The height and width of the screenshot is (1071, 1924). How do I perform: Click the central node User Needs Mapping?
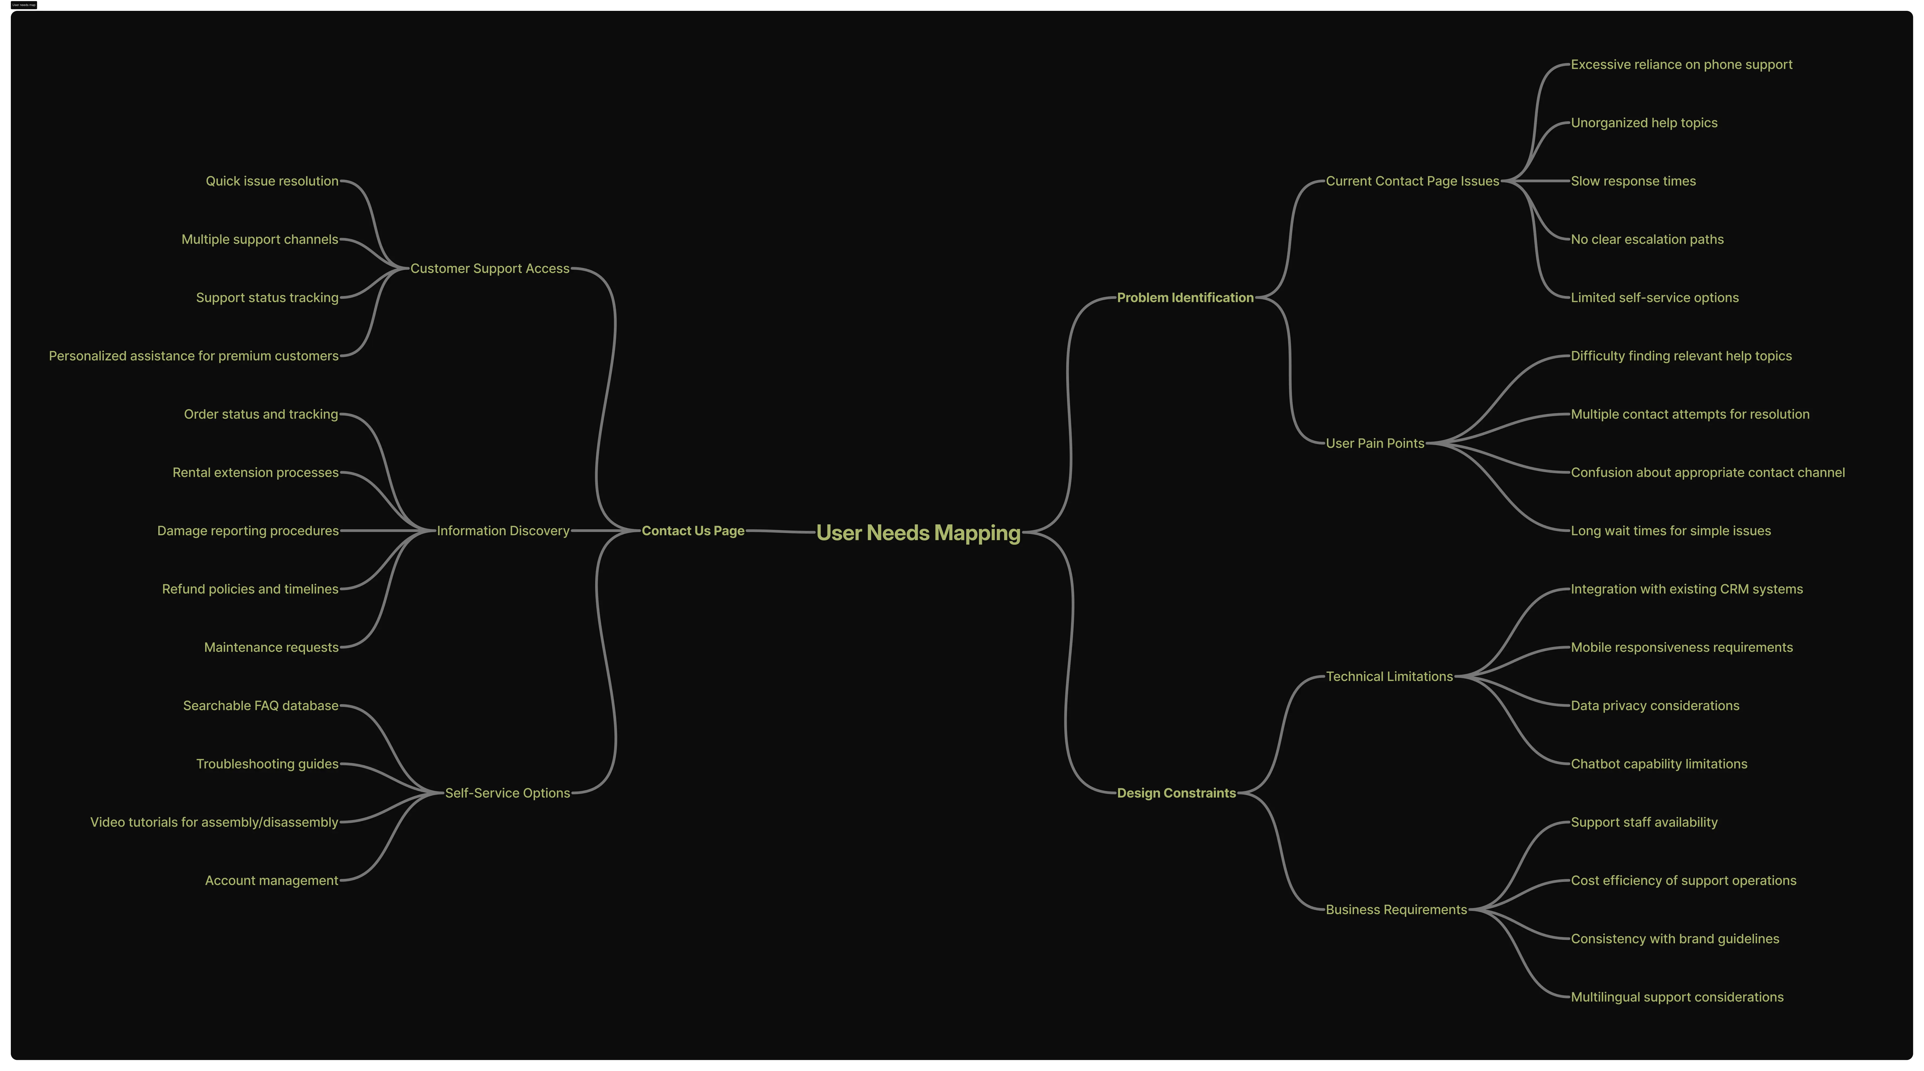coord(918,533)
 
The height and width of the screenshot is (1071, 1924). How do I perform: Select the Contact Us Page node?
coord(692,531)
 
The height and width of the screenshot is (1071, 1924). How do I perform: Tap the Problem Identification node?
coord(1185,298)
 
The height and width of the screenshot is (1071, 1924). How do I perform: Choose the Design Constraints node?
coord(1176,793)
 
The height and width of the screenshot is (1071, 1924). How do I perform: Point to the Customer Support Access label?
coord(489,268)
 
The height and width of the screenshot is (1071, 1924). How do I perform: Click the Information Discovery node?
coord(503,531)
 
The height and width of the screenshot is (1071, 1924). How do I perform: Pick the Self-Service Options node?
coord(507,793)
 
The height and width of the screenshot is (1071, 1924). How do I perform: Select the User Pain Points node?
coord(1374,443)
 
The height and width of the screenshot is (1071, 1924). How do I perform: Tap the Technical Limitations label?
coord(1388,676)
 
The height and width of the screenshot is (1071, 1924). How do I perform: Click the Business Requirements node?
coord(1396,910)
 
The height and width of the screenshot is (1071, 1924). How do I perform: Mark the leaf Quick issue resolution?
coord(272,181)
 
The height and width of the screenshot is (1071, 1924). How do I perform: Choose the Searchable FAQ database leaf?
coord(261,706)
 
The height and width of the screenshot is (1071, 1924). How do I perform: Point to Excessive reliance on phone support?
coord(1681,64)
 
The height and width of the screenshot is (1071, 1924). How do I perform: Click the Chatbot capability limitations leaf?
coord(1658,764)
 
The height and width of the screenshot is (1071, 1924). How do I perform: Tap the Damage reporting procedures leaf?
coord(248,531)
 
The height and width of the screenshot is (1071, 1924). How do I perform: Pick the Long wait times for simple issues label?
coord(1670,531)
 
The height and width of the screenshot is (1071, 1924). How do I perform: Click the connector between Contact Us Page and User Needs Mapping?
coord(781,531)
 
